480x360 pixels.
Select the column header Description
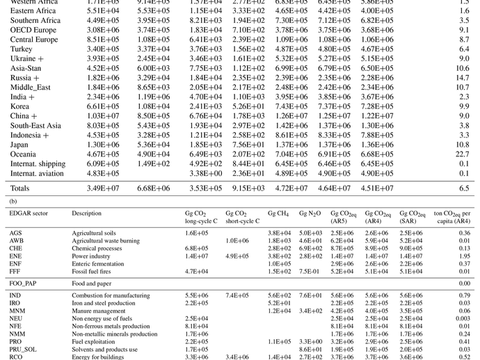pos(87,213)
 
